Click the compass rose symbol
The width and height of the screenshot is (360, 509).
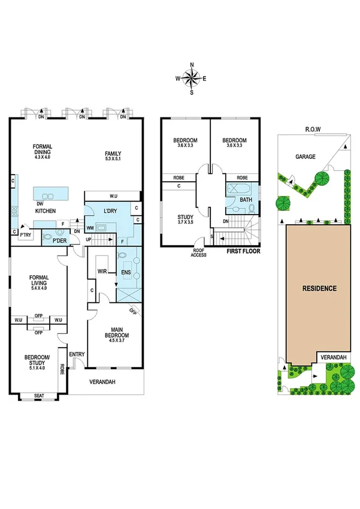coord(192,78)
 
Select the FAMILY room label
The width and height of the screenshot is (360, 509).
coord(113,153)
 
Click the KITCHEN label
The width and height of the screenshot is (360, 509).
coord(46,211)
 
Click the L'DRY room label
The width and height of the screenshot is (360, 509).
coord(109,211)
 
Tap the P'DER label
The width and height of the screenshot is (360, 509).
coord(59,240)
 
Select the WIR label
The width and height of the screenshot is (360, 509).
coord(102,272)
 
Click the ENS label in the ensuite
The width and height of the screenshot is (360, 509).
coord(127,272)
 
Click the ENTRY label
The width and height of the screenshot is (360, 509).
coord(77,355)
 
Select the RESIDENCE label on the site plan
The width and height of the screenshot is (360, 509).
coord(319,288)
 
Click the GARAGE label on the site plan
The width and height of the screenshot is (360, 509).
coord(305,156)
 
